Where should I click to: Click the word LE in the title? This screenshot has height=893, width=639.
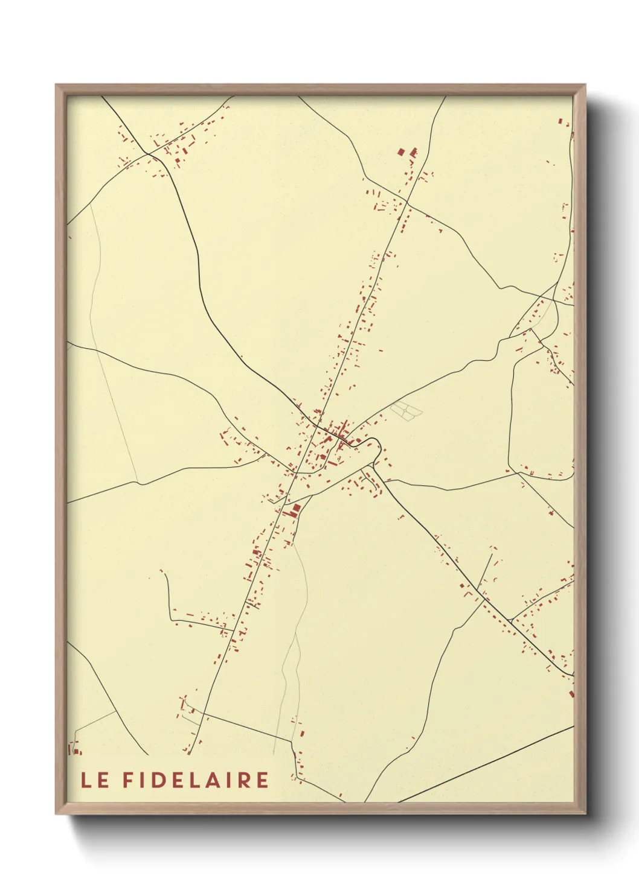pos(95,780)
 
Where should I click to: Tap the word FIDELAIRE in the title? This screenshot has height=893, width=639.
pos(196,780)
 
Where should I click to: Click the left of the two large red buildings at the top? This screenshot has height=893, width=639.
pos(400,151)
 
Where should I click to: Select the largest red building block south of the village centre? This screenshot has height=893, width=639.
pos(295,511)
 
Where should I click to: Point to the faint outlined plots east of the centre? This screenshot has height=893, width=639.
pos(406,410)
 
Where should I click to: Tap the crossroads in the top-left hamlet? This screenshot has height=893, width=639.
pos(149,154)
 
